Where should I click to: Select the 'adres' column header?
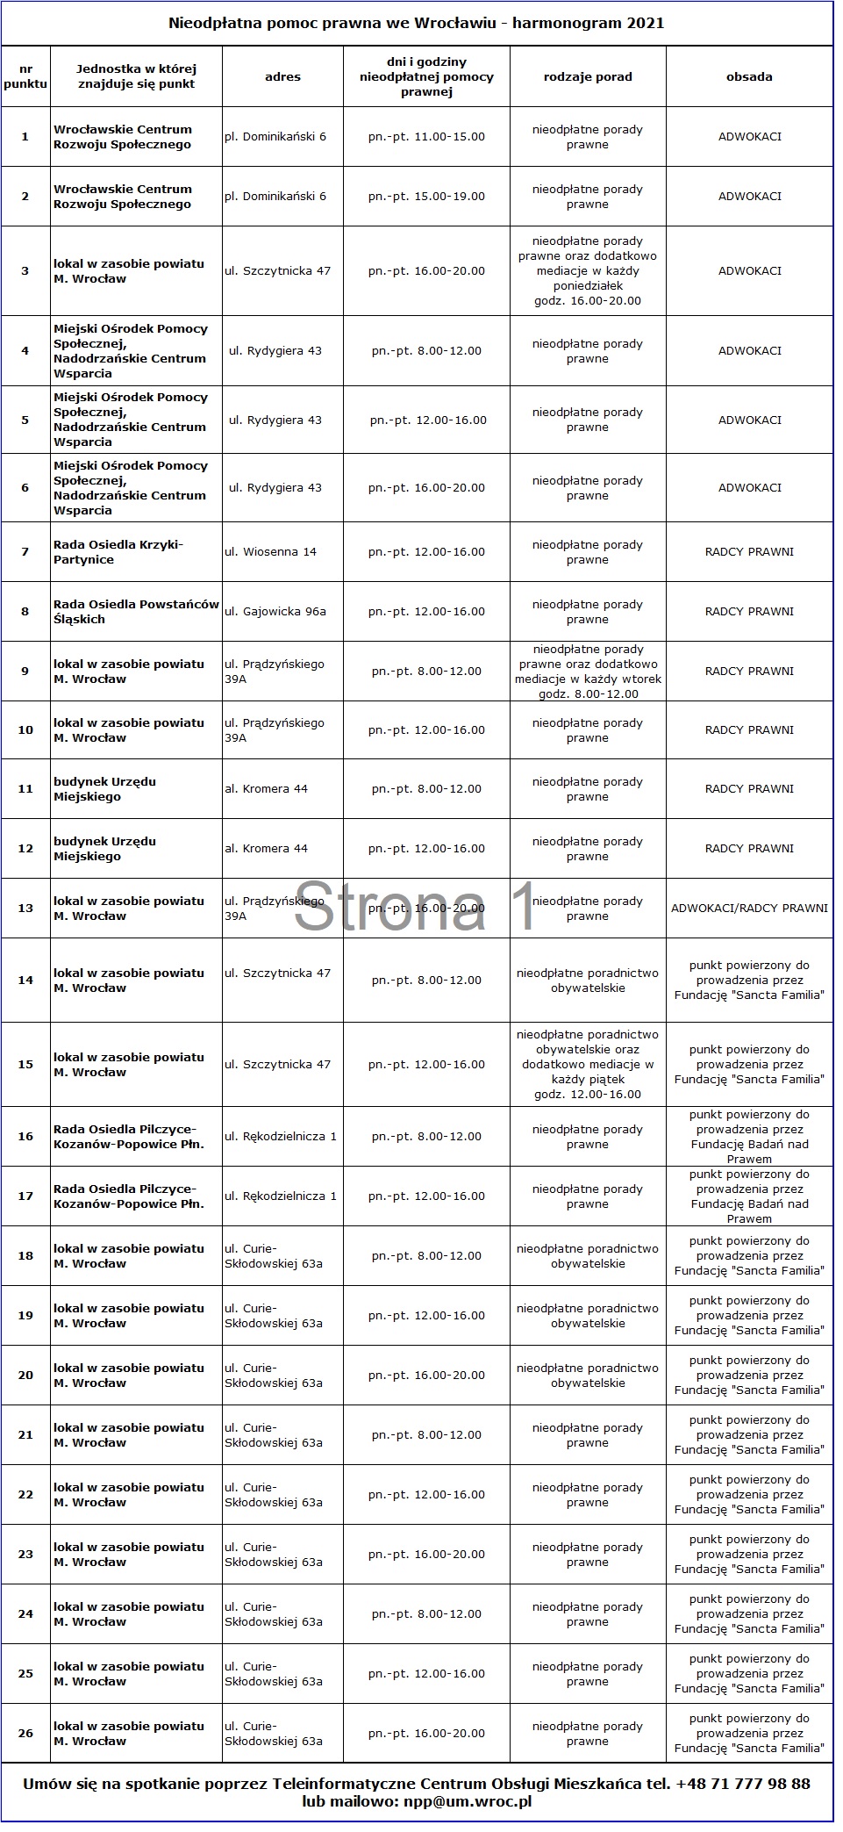[282, 77]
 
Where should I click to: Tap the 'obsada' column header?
[749, 77]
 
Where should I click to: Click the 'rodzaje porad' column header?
[588, 77]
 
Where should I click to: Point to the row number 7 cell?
[25, 552]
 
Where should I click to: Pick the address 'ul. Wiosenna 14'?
[271, 552]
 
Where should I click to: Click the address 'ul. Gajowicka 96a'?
[275, 612]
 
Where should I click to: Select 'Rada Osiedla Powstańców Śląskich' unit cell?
[136, 612]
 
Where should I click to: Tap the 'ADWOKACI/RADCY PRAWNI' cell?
[749, 909]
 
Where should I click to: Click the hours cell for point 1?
[426, 137]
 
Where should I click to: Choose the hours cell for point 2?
[426, 197]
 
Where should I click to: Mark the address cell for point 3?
[278, 271]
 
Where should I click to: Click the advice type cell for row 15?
[588, 1065]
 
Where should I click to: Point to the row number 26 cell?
[25, 1734]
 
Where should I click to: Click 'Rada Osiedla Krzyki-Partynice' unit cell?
[118, 552]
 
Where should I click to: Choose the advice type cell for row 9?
[588, 672]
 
